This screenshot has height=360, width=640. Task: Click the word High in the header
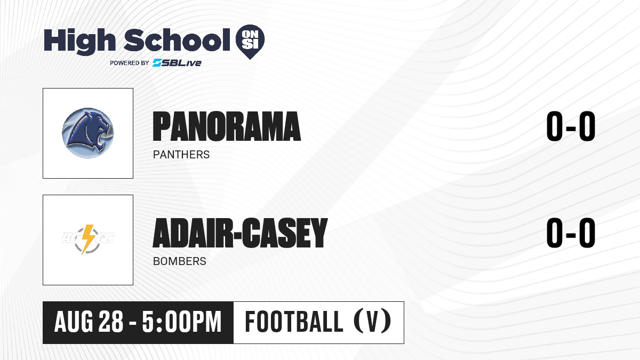click(x=79, y=42)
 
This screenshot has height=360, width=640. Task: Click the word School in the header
click(x=177, y=40)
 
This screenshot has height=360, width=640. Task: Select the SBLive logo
click(x=177, y=63)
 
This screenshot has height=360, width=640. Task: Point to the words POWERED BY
click(x=130, y=63)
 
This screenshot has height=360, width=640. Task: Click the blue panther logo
click(x=88, y=133)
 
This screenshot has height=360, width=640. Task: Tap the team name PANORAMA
click(x=227, y=126)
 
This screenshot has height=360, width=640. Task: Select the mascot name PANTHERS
click(x=181, y=155)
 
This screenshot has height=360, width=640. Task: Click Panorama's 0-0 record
click(x=571, y=126)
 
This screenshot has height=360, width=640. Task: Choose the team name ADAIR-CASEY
click(x=240, y=233)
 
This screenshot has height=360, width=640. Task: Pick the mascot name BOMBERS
click(x=179, y=261)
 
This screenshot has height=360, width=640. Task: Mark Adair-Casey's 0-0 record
click(x=571, y=233)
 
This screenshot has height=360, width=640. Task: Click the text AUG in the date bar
click(x=74, y=322)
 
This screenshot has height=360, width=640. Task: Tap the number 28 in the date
click(x=111, y=322)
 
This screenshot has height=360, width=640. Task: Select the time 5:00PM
click(x=182, y=322)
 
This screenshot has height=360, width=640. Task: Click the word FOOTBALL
click(x=294, y=322)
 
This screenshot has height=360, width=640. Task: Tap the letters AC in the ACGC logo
click(x=71, y=238)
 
